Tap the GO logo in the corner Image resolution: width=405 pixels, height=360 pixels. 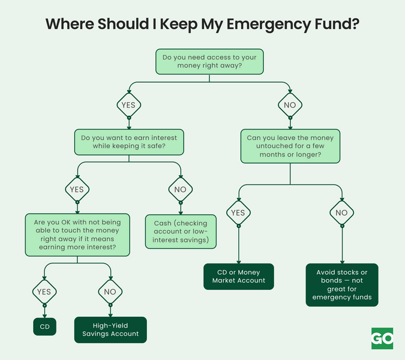pos(382,338)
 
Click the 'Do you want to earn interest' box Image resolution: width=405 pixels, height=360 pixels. pos(129,142)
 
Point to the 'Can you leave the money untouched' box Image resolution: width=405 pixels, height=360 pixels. pos(290,146)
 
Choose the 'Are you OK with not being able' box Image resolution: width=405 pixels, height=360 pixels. pos(77,235)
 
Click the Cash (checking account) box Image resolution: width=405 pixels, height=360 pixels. pos(181,231)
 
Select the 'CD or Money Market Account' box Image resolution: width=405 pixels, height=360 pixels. pos(238,276)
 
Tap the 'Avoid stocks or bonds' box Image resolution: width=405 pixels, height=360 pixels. pos(342,284)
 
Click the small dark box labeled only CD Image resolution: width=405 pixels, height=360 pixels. pos(44,326)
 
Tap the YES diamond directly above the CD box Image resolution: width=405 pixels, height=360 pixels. pos(44,292)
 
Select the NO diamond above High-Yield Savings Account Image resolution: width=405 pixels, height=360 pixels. pos(110,292)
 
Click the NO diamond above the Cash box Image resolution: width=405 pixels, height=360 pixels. pos(181,189)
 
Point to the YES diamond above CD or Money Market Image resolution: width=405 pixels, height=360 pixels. pos(238,212)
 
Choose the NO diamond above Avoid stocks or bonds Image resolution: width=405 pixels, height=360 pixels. pos(342,212)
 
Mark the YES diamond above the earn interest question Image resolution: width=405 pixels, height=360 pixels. pos(129,105)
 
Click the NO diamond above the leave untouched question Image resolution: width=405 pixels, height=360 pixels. pos(290,105)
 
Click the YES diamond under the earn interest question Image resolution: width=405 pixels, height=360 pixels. pos(77,189)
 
